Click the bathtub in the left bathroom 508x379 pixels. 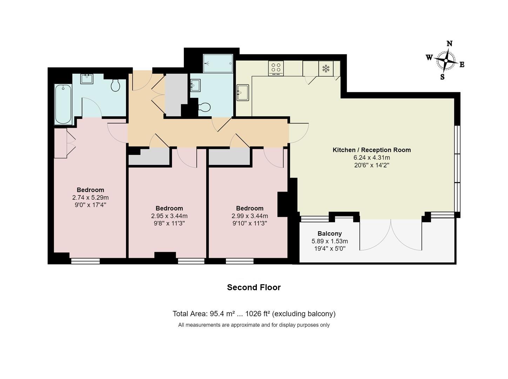coord(63,104)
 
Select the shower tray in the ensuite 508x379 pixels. coord(218,64)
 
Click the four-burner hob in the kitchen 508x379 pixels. coord(276,68)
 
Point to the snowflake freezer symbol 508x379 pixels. coord(326,68)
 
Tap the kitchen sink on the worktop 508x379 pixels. coord(242,93)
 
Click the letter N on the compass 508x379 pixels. coord(449,44)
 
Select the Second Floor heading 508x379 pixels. coord(254,287)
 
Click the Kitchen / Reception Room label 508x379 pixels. coord(372,150)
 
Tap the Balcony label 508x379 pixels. coord(329,233)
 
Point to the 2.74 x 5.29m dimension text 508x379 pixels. coord(91,198)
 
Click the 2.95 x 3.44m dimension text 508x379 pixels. coord(169,216)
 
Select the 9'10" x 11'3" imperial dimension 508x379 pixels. coord(249,223)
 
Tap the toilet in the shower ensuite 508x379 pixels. coord(205,107)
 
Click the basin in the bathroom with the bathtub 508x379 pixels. coord(87,79)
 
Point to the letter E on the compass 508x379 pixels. coord(462,65)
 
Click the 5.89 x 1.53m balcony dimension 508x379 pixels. coord(329,241)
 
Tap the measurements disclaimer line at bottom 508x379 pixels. coord(254,325)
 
